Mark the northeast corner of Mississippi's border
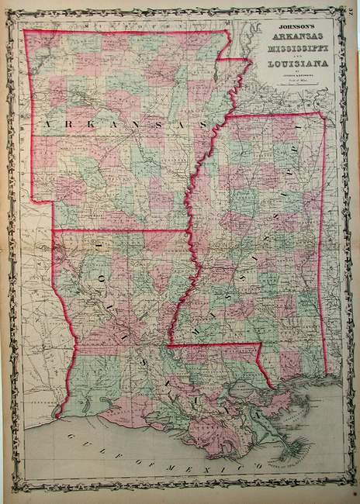tap(323, 113)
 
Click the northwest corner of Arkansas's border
tap(24, 31)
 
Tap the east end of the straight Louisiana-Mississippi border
tap(258, 344)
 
